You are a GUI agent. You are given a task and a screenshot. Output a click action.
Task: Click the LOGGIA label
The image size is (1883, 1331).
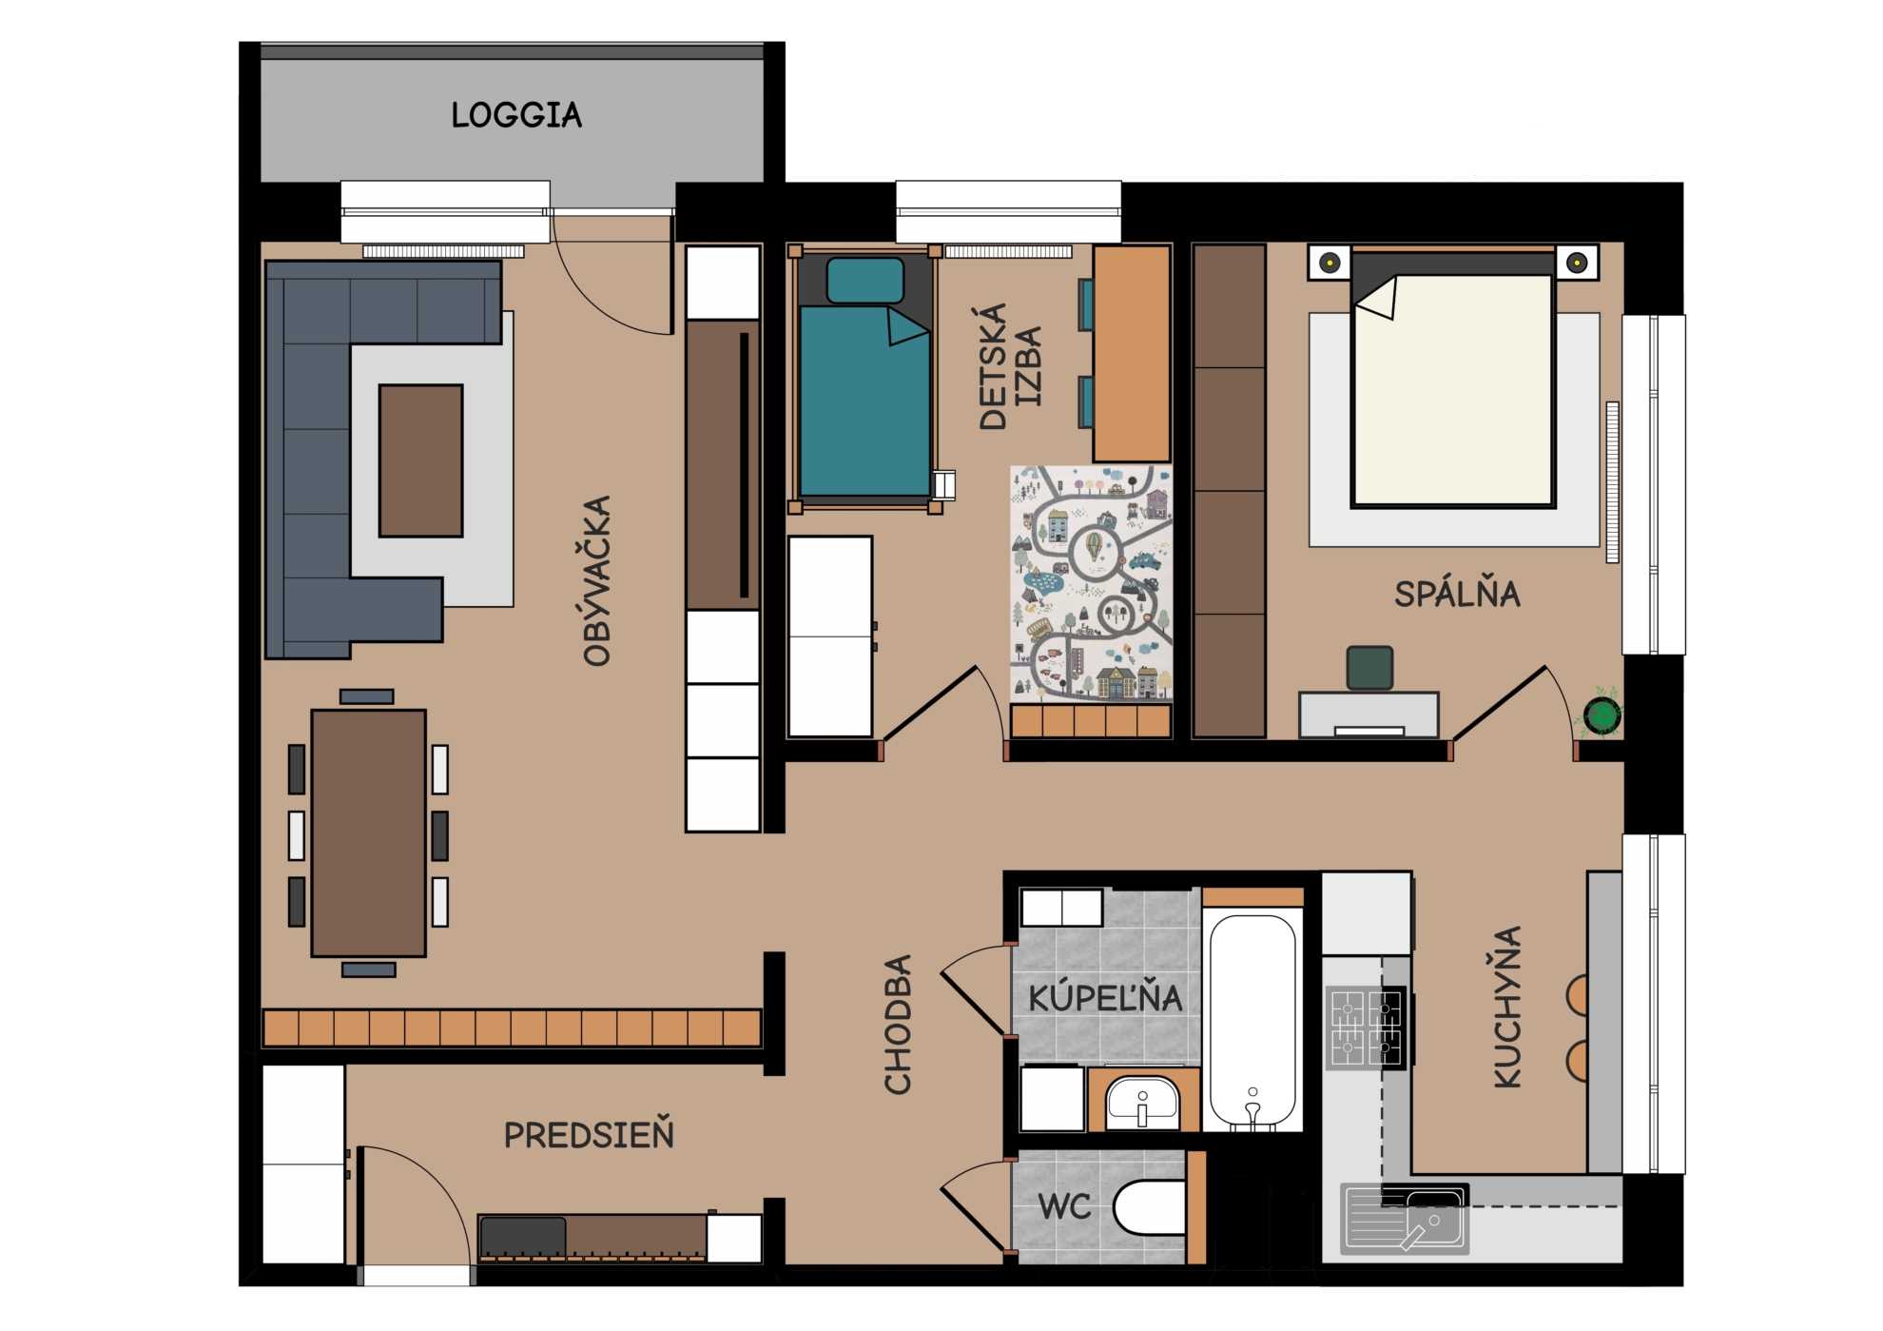click(516, 115)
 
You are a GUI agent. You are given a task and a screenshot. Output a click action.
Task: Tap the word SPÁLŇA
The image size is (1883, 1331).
click(1457, 594)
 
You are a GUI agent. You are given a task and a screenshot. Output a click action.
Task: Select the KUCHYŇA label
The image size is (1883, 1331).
click(1508, 1006)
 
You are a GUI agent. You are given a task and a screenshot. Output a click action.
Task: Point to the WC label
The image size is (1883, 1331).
click(1064, 1207)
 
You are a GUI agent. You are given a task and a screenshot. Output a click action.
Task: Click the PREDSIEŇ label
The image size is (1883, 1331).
click(589, 1134)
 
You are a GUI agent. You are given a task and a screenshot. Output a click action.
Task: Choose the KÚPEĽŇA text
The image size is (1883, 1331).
click(1105, 997)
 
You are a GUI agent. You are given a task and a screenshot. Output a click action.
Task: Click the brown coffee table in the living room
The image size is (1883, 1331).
click(421, 460)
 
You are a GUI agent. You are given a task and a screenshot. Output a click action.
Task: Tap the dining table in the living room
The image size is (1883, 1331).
click(368, 832)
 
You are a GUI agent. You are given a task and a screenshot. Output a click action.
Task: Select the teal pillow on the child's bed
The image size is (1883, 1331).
click(865, 281)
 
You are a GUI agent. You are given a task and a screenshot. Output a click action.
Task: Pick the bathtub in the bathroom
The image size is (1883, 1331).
click(1252, 1021)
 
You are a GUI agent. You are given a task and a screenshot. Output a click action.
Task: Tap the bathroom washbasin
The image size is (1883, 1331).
click(1142, 1104)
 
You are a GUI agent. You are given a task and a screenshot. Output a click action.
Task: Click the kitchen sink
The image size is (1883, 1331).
click(1405, 1218)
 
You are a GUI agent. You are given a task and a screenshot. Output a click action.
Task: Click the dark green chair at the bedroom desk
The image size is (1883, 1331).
click(1370, 668)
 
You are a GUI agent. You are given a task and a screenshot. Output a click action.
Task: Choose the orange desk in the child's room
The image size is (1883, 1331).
click(1132, 354)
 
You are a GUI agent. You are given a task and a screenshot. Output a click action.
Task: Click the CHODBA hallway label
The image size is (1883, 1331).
click(899, 1025)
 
